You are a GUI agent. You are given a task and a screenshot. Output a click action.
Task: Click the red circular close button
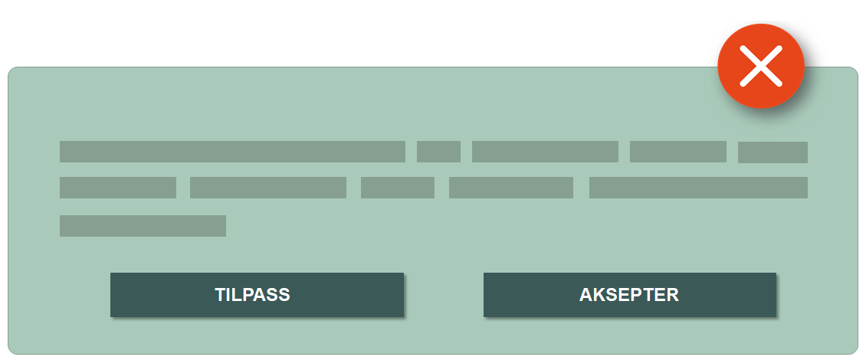[x=760, y=66]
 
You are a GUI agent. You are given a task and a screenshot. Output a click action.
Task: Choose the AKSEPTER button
[x=629, y=295]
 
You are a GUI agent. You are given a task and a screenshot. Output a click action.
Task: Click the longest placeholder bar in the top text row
[x=232, y=152]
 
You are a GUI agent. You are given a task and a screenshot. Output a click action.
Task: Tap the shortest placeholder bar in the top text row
[x=438, y=152]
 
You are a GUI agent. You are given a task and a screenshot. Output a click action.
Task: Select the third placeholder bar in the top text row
[x=545, y=152]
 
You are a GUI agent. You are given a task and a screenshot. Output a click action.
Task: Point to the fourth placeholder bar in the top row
[x=677, y=152]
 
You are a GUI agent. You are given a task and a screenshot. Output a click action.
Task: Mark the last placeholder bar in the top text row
[x=773, y=152]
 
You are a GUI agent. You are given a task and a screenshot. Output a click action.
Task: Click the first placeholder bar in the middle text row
[x=118, y=188]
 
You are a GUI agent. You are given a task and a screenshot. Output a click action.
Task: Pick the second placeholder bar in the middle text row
[x=268, y=188]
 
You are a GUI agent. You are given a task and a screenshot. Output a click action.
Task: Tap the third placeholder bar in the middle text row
[x=398, y=188]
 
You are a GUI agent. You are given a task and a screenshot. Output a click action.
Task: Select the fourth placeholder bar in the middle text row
[x=511, y=188]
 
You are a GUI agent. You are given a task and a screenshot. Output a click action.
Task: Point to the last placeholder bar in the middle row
[x=698, y=188]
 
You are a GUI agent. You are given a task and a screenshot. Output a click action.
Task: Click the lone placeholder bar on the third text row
[x=143, y=226]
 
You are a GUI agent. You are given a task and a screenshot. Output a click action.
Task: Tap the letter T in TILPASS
[x=220, y=295]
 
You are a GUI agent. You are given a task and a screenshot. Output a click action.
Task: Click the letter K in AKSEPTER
[x=598, y=295]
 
